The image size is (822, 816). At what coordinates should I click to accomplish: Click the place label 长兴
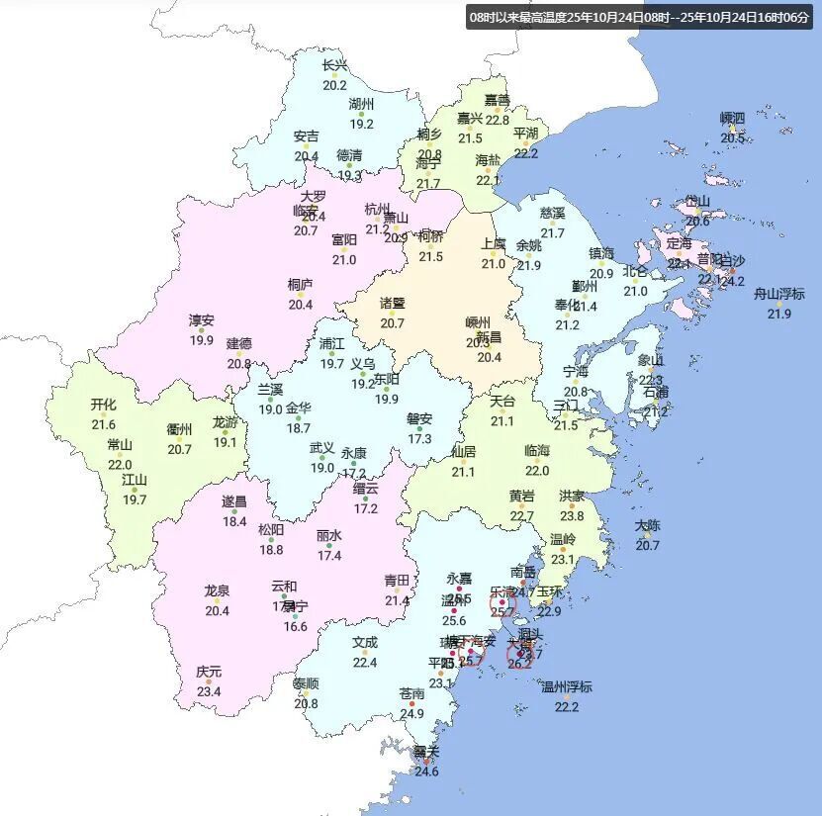click(x=335, y=66)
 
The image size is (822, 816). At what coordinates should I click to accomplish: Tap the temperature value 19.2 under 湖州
click(x=361, y=124)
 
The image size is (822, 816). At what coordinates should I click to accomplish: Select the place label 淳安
click(x=202, y=320)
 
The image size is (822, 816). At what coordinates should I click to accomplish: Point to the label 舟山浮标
click(x=779, y=295)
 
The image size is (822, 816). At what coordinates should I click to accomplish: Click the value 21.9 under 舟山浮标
click(x=779, y=314)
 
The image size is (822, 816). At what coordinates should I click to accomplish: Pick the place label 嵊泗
click(x=732, y=119)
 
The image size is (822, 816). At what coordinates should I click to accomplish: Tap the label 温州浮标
click(x=566, y=686)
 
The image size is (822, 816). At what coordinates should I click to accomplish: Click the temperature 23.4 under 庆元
click(x=209, y=691)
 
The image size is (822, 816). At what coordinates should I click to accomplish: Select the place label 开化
click(x=104, y=405)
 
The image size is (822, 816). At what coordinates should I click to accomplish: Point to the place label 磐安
click(x=420, y=418)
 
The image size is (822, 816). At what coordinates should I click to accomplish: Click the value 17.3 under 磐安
click(x=420, y=438)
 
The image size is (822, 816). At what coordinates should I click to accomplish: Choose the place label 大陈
click(x=648, y=525)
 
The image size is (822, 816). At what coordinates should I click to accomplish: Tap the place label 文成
click(x=365, y=642)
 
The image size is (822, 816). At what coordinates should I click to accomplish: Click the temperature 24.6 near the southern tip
click(x=426, y=771)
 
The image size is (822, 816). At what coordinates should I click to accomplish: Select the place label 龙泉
click(x=217, y=591)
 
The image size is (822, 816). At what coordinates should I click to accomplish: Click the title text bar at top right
click(x=640, y=17)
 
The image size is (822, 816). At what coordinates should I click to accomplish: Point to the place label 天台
click(x=502, y=402)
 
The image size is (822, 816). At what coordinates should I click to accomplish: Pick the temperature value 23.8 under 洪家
click(x=572, y=515)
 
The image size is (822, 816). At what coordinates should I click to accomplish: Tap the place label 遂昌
click(x=234, y=501)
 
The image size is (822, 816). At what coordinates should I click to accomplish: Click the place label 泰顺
click(x=306, y=683)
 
